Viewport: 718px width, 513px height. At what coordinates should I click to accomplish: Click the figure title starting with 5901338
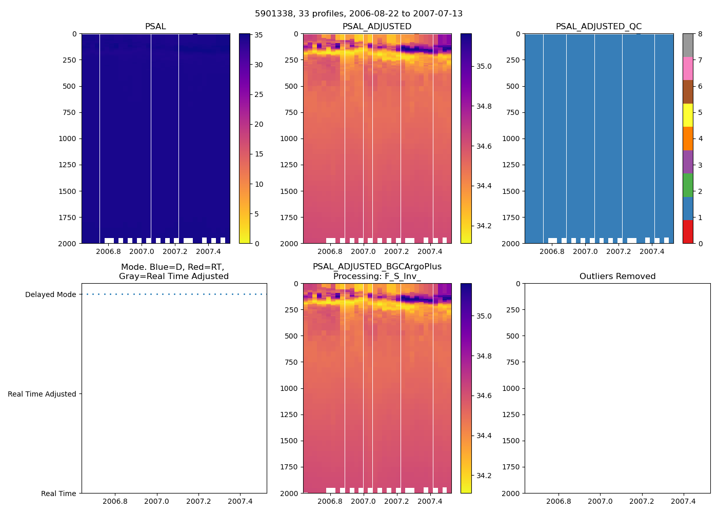pos(358,14)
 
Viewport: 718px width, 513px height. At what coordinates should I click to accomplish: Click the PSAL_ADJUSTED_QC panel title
pos(599,27)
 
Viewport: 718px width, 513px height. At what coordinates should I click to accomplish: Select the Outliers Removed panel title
pos(617,277)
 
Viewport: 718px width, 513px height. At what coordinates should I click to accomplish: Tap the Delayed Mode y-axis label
pos(50,294)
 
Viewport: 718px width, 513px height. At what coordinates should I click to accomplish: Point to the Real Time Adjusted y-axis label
pos(42,394)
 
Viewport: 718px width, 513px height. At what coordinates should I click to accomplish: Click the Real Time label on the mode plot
pos(58,494)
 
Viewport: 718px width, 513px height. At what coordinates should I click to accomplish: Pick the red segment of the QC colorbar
pos(688,232)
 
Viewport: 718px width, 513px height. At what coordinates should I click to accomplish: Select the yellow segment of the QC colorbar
pos(688,115)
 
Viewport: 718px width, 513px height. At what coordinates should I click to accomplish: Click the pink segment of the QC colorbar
pos(688,69)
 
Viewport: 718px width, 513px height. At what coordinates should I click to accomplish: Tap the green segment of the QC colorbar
pos(688,185)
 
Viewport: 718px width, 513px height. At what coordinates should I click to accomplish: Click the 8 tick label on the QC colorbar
pos(700,34)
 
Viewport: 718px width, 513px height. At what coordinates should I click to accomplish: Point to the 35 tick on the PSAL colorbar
pos(258,35)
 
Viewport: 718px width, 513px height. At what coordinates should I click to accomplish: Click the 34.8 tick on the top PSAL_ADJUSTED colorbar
pos(484,107)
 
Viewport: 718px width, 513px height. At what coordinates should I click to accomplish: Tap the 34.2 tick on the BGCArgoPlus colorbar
pos(484,476)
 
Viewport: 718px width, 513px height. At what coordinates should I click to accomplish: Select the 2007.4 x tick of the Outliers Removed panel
pos(683,502)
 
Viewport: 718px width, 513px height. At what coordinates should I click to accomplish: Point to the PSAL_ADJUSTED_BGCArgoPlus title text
pos(377,267)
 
